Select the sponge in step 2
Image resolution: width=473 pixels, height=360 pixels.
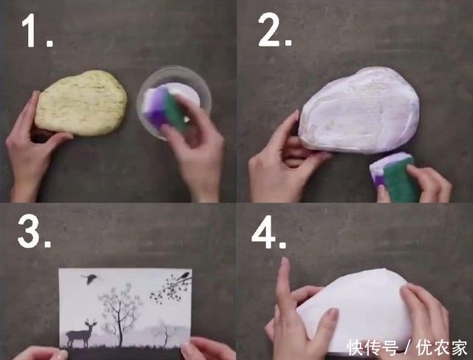point(395,177)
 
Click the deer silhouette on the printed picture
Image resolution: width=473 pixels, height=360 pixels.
point(81,333)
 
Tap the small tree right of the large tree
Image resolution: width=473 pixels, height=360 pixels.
point(164,332)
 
